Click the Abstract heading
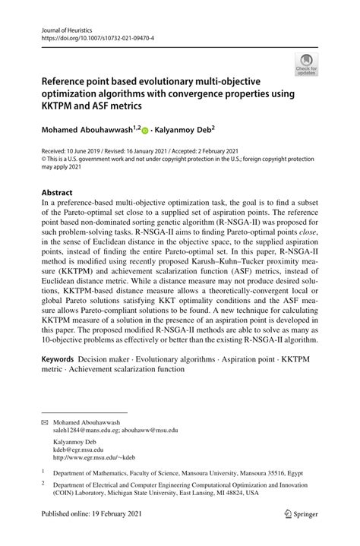coord(58,193)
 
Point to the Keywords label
coord(62,357)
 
